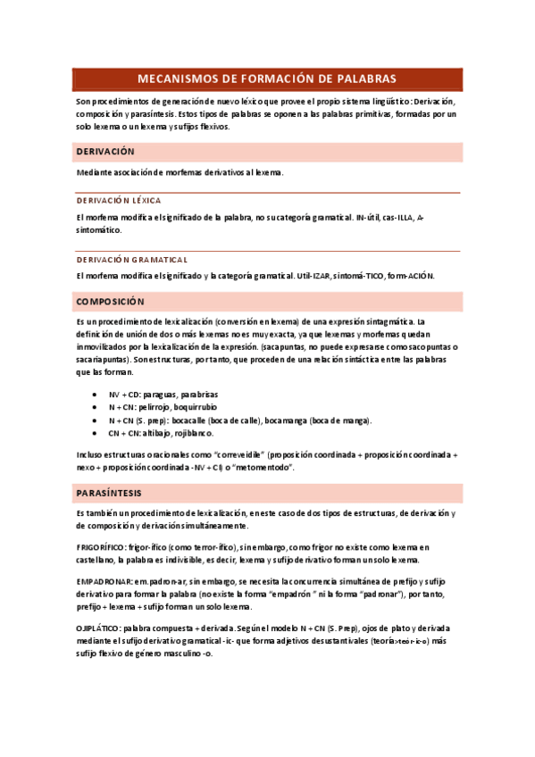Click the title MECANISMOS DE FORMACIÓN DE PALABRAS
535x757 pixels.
[267, 79]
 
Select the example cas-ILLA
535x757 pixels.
[394, 217]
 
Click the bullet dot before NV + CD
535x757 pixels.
[96, 394]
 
